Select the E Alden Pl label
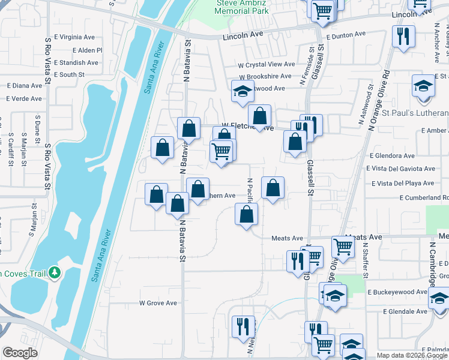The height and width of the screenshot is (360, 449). tap(87, 50)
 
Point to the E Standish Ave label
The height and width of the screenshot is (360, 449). tap(76, 62)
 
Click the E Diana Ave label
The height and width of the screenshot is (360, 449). tap(25, 85)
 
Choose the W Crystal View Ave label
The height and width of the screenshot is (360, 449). tap(267, 64)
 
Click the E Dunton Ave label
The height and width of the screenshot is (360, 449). tap(345, 35)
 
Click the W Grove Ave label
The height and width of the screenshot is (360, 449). tap(158, 303)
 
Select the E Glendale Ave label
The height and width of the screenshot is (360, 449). tap(405, 311)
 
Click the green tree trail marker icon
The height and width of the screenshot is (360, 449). tap(55, 273)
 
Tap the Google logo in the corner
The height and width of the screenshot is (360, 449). tap(20, 353)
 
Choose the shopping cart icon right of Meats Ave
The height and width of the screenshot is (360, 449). tap(343, 245)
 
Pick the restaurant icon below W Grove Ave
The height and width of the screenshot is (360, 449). tap(243, 326)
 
